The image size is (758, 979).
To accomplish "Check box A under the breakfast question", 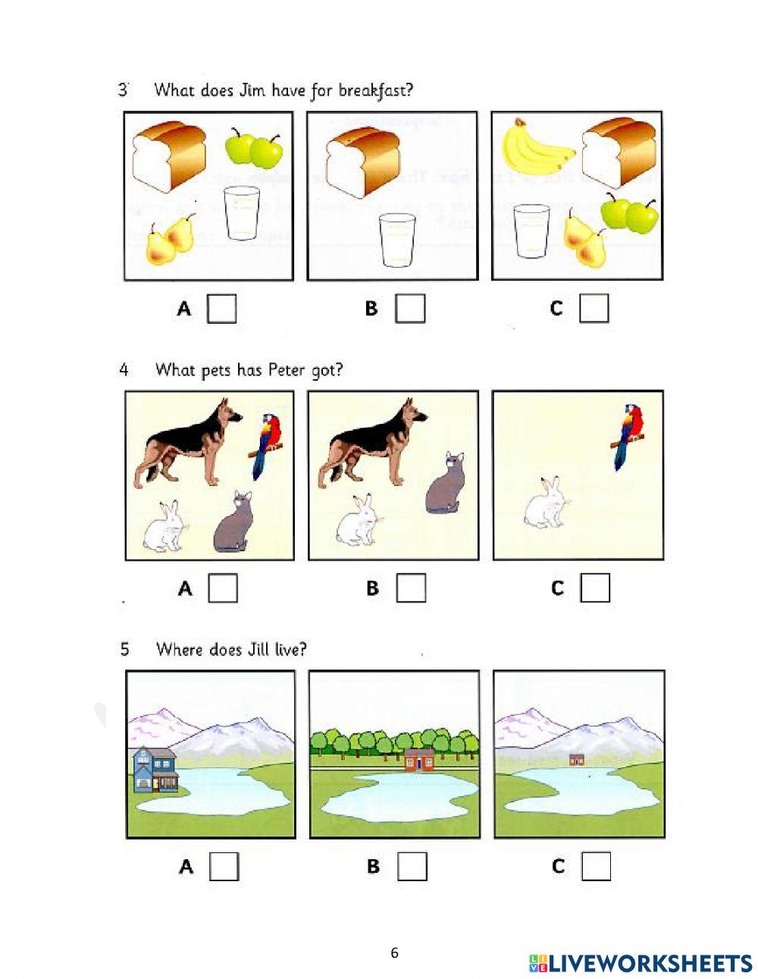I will point(222,309).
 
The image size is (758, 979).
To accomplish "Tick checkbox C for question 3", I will point(594,309).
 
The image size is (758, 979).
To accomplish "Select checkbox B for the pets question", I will point(411,588).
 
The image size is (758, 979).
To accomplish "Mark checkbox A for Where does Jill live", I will point(224,866).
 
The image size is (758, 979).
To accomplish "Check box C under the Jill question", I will point(596,866).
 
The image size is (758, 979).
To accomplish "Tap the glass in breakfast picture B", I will point(397,240).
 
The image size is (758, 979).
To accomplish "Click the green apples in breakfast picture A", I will point(255,149).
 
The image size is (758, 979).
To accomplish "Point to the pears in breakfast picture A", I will point(171,240).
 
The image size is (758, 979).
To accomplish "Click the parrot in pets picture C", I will point(628,436).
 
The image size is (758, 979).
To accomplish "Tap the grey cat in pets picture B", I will point(442,483).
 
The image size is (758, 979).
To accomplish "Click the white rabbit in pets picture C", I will point(547,502).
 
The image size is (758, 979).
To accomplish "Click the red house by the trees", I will point(419,759).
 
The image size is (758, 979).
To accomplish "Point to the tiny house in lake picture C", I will point(577,759).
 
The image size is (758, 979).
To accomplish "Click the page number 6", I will point(394,953).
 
